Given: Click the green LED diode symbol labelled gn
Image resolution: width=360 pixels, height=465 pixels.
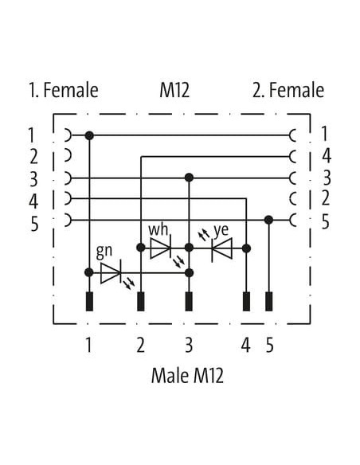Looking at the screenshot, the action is pyautogui.click(x=111, y=272).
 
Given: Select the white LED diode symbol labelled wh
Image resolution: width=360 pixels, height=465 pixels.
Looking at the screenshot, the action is pyautogui.click(x=160, y=248).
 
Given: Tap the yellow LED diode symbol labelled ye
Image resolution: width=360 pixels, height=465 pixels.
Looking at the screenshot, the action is pyautogui.click(x=221, y=248).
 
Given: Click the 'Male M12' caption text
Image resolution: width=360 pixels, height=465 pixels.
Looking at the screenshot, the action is pyautogui.click(x=187, y=376).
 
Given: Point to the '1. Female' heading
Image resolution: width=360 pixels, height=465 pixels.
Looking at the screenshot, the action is pyautogui.click(x=64, y=90).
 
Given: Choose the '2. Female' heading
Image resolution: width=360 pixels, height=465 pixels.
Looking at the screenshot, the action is pyautogui.click(x=288, y=90).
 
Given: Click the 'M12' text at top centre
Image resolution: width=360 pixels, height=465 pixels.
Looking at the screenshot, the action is pyautogui.click(x=174, y=90).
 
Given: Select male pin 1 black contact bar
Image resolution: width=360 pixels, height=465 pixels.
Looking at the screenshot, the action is pyautogui.click(x=89, y=301).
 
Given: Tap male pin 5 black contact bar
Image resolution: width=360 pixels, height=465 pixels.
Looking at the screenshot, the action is pyautogui.click(x=268, y=301).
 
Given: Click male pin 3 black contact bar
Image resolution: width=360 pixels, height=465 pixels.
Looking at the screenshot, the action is pyautogui.click(x=189, y=301).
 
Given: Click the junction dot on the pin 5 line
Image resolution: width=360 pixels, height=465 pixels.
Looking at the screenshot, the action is pyautogui.click(x=268, y=220).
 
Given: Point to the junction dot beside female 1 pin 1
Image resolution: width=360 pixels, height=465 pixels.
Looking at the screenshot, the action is pyautogui.click(x=89, y=136).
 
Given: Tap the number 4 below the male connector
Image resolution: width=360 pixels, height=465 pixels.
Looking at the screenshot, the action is pyautogui.click(x=245, y=346).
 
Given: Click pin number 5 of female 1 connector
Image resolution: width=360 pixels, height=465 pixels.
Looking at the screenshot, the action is pyautogui.click(x=34, y=224).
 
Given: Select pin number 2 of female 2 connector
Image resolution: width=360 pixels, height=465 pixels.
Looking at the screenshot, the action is pyautogui.click(x=325, y=198).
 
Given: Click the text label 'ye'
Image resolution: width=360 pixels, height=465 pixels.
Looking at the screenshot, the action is pyautogui.click(x=221, y=230).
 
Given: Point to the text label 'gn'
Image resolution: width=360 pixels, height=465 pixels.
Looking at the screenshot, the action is pyautogui.click(x=104, y=251).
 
